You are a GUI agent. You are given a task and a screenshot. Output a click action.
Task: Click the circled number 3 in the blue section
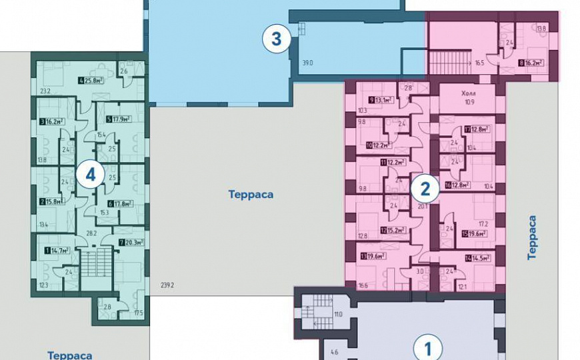(276, 39)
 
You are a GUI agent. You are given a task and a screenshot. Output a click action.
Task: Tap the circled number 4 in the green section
(90, 176)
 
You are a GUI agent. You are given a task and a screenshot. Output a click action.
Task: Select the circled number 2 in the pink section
(425, 188)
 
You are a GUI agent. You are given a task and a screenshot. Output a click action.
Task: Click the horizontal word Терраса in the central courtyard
(251, 195)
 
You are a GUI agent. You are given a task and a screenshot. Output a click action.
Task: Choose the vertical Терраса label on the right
(532, 237)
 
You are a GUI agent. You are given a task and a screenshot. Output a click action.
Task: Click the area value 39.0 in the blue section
(307, 63)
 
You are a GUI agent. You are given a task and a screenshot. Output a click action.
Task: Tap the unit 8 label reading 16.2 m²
(531, 64)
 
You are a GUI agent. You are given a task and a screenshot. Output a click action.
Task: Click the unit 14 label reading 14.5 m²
(477, 258)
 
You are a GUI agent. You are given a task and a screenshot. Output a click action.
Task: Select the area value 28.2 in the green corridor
(92, 233)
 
